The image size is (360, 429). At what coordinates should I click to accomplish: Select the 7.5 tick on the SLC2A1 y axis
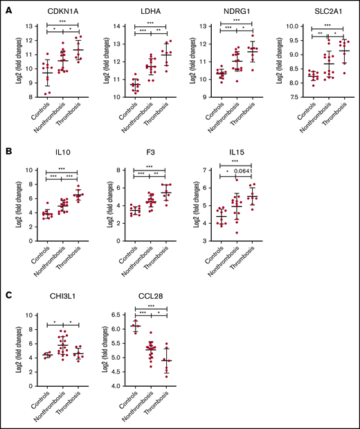(286, 97)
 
